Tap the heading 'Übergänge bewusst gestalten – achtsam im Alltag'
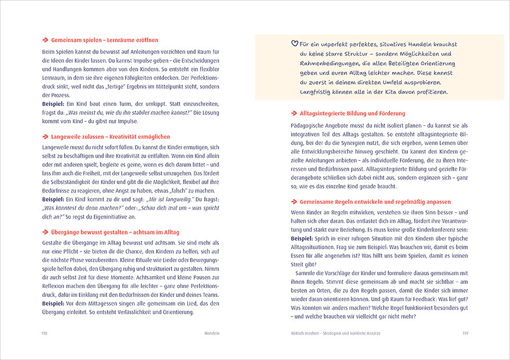tap(115, 233)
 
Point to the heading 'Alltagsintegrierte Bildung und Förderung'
tap(352, 113)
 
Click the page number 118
tap(45, 332)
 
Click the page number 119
tap(465, 332)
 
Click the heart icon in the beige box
tap(295, 44)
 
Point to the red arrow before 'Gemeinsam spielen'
tap(45, 40)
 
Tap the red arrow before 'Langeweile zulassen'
tap(45, 137)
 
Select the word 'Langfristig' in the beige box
tap(318, 92)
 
